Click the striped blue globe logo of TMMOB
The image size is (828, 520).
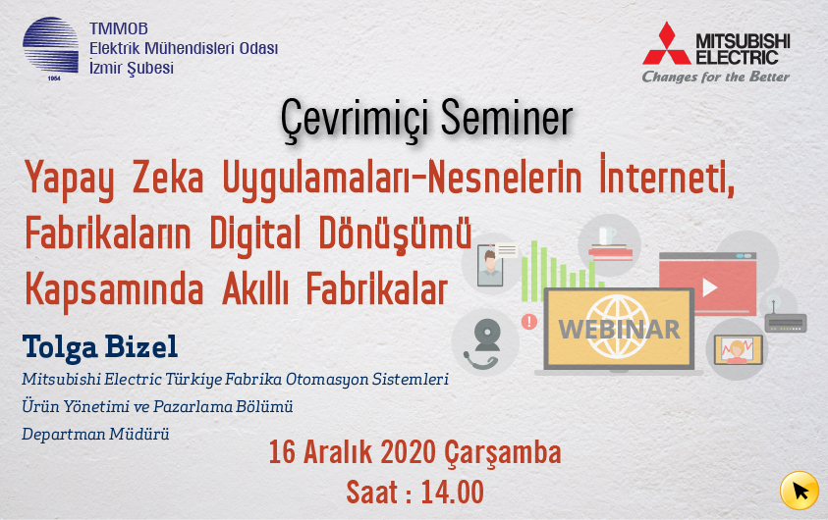coord(50,46)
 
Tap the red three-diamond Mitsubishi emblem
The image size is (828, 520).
coord(666,43)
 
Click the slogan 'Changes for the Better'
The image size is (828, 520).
coord(715,77)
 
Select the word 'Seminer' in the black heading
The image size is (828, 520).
coord(507,118)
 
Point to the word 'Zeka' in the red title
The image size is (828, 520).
coord(167,178)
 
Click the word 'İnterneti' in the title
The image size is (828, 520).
coord(667,175)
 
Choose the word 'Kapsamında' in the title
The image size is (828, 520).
coord(114,289)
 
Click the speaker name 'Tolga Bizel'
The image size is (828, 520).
coord(100,347)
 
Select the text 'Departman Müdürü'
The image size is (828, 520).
coord(95,434)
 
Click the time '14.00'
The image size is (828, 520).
coord(453,493)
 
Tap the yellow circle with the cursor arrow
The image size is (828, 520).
coord(800,491)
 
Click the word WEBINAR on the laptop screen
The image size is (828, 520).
coord(619,330)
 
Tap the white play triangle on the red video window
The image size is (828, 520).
coord(709,287)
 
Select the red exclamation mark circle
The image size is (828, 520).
coord(529,321)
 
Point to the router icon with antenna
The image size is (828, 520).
coord(786,320)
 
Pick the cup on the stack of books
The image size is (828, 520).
coord(606,234)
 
